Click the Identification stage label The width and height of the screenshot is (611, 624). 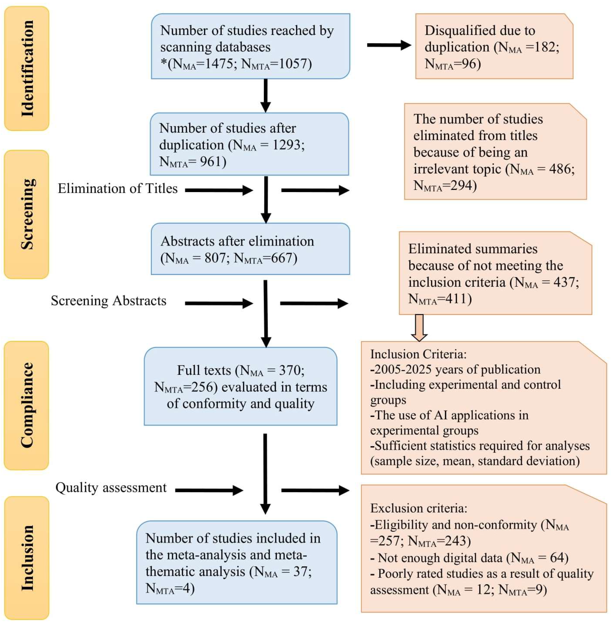(27, 68)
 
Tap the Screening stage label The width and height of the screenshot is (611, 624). (27, 214)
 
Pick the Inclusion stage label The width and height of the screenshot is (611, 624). (27, 558)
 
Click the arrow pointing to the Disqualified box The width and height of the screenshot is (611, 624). (389, 45)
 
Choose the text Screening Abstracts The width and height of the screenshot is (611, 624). (109, 301)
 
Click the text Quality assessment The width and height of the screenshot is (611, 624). (111, 488)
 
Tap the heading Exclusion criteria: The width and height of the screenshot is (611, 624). (418, 508)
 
